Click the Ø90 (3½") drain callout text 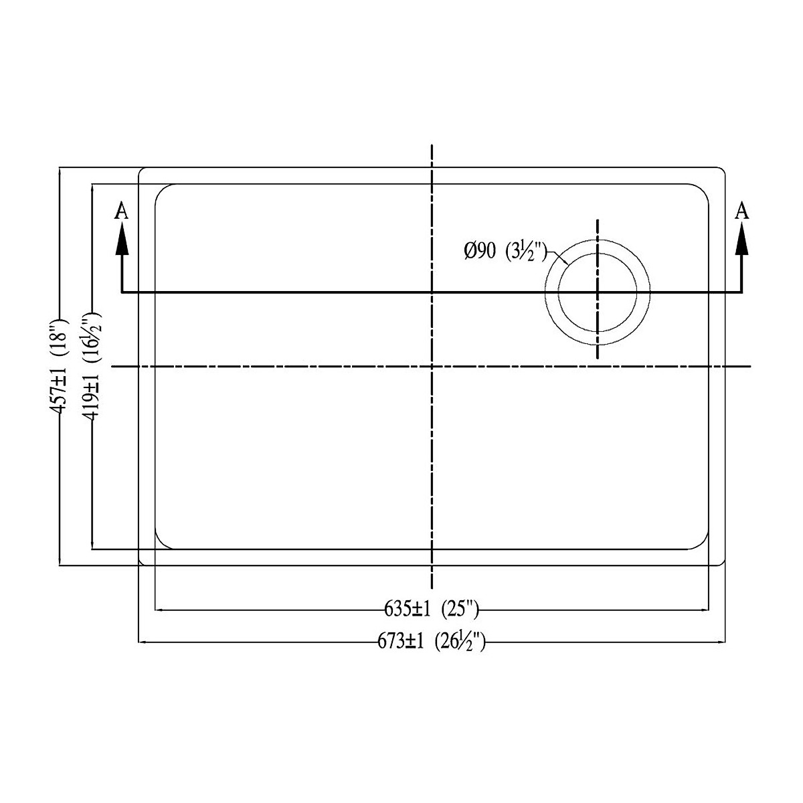506,252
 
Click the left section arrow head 121,239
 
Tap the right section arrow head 741,239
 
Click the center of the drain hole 598,292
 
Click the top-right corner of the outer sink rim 722,171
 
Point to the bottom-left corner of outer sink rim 141,563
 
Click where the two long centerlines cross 433,367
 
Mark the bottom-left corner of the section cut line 121,292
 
